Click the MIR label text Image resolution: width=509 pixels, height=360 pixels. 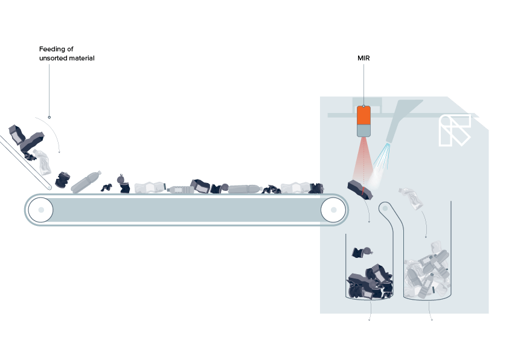tap(363, 59)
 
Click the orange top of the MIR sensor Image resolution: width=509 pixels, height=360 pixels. tap(363, 114)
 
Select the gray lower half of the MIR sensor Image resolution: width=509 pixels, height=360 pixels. tap(363, 130)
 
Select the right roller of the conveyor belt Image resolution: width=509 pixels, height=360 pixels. tap(332, 210)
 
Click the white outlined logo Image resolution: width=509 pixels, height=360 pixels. tap(454, 130)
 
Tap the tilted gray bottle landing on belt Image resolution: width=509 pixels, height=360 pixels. tap(85, 182)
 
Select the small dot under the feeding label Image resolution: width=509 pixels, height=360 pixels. tap(50, 117)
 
